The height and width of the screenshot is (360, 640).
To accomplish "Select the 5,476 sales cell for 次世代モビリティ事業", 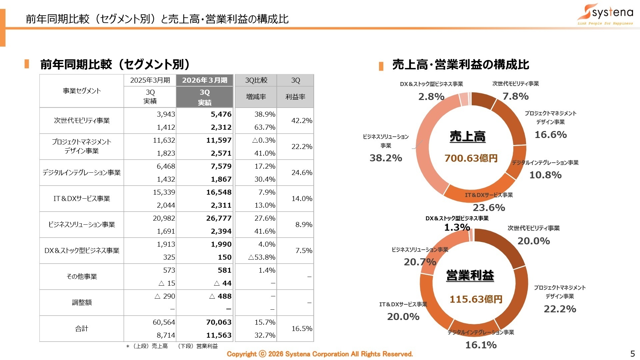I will click(x=221, y=114).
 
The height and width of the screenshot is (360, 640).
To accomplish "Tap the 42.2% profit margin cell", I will click(x=301, y=121).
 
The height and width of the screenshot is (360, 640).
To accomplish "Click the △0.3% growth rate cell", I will click(x=264, y=140).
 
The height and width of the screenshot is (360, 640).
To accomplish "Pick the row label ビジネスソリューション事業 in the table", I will click(x=82, y=225).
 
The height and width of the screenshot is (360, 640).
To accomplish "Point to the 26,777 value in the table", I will click(x=219, y=218).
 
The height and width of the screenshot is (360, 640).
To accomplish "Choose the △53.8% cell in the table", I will click(x=262, y=257).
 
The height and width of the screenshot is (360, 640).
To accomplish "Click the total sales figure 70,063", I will click(x=219, y=322).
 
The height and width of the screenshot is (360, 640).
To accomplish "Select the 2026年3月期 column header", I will click(x=205, y=80).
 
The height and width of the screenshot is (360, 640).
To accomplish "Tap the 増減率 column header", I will click(x=256, y=97).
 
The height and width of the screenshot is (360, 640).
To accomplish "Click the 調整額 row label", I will click(x=82, y=303).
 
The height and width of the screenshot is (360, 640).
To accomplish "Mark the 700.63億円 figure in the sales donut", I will click(x=471, y=158).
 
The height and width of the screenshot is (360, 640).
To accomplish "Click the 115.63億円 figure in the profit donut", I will click(x=476, y=299).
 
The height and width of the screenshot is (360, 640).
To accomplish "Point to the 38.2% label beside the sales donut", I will click(x=386, y=158).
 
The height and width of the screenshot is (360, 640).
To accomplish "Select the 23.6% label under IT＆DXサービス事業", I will click(x=489, y=208).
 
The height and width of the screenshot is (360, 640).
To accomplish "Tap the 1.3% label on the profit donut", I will click(x=457, y=227).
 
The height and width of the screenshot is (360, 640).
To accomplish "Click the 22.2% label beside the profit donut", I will click(x=560, y=309).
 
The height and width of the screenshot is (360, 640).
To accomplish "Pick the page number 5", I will click(x=632, y=354).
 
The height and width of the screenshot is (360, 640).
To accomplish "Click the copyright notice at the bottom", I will click(x=320, y=354).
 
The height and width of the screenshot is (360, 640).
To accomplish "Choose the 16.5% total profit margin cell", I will click(x=301, y=329).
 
